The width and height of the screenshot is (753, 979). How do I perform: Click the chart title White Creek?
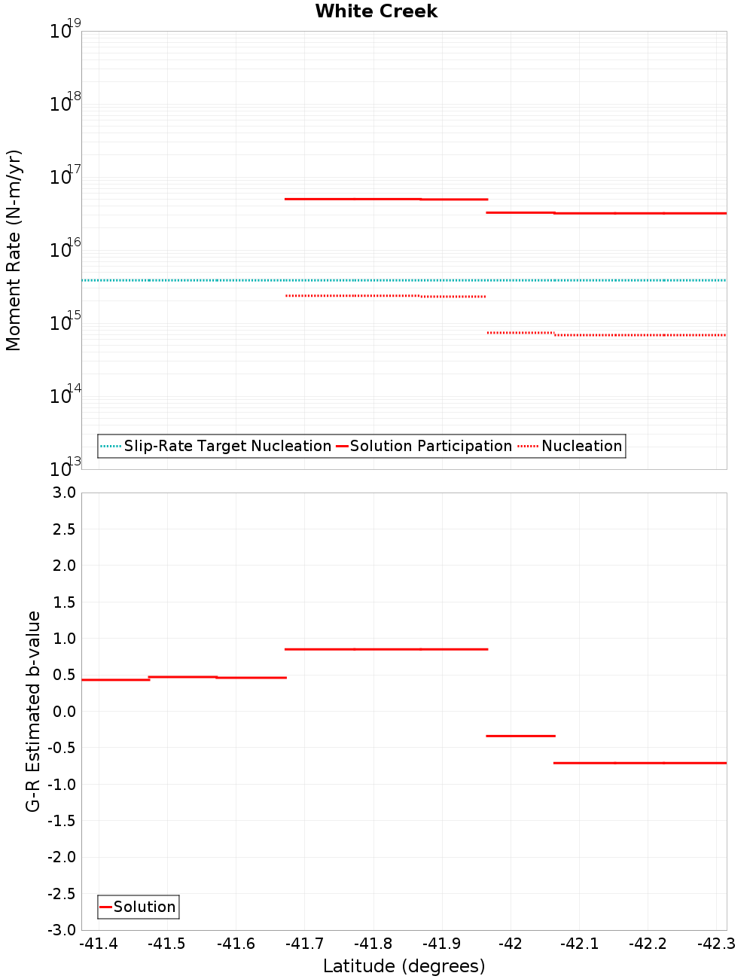[x=376, y=11]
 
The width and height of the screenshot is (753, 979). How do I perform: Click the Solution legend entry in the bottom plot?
[x=139, y=907]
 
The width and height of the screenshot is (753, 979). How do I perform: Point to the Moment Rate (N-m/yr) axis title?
[x=14, y=250]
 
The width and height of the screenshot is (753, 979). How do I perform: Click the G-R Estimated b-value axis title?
[x=33, y=711]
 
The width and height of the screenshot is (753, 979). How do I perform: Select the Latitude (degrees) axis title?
[x=404, y=966]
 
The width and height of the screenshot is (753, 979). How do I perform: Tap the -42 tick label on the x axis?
[x=510, y=944]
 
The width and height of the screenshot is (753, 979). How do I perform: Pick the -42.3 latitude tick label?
[x=716, y=944]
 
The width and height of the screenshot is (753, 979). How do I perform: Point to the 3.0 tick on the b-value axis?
[x=63, y=493]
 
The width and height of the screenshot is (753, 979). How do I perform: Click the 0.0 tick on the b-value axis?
[x=63, y=712]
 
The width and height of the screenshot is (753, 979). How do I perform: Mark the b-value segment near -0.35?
[x=520, y=736]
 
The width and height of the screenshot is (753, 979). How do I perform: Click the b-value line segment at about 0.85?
[x=386, y=649]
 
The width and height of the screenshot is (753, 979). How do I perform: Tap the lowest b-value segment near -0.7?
[x=640, y=763]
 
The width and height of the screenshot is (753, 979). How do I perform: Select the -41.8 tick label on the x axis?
[x=373, y=944]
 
